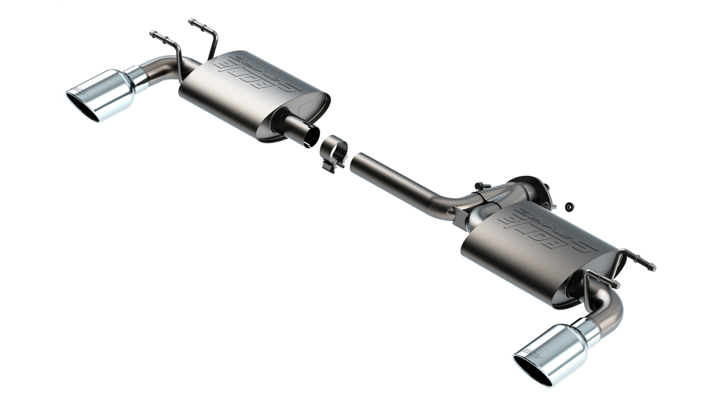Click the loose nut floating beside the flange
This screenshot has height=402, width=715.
(x=568, y=207)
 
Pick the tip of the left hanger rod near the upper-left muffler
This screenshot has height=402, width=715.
(x=152, y=33)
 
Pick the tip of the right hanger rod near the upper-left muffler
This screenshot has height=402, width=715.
(x=192, y=21)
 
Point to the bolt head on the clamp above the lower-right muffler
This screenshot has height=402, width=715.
(x=479, y=185)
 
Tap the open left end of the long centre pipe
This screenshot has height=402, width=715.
(x=355, y=158)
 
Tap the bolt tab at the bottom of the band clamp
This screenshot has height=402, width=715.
(x=330, y=166)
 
